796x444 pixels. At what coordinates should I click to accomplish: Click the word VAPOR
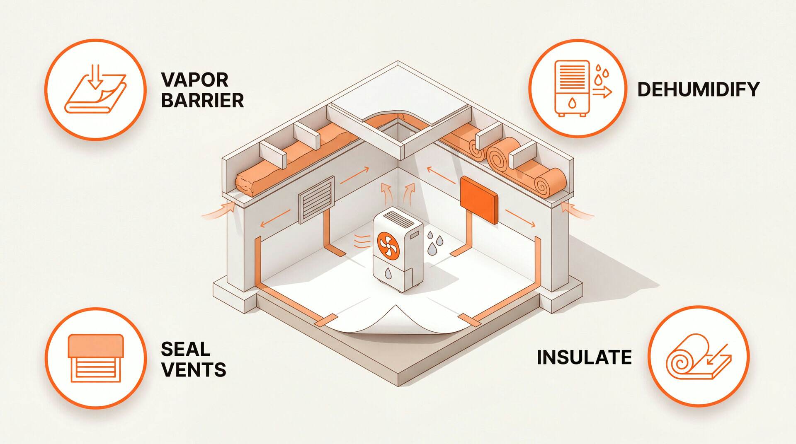(x=194, y=80)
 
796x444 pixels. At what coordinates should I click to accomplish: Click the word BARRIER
(x=202, y=100)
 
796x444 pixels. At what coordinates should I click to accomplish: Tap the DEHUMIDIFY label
(x=698, y=89)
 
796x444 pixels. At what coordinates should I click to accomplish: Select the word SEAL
(x=185, y=349)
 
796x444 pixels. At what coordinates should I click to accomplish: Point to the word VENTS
(x=194, y=369)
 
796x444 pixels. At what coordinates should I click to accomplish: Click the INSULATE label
(x=584, y=357)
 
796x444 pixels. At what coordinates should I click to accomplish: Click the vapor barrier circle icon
(x=95, y=89)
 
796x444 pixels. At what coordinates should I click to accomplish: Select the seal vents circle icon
(x=96, y=358)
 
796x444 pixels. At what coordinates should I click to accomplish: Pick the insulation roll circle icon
(x=699, y=357)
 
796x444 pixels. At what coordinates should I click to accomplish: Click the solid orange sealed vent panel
(x=479, y=200)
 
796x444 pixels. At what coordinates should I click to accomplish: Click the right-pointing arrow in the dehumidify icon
(x=602, y=93)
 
